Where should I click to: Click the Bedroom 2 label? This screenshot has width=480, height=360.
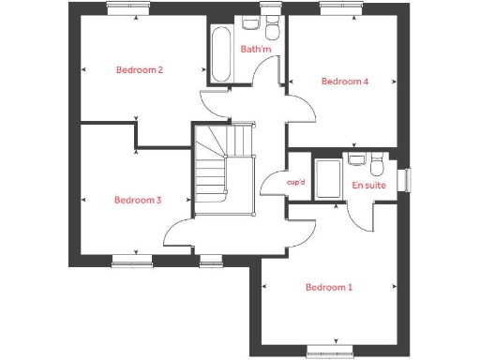(x=140, y=69)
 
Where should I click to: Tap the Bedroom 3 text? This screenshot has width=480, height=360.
(x=138, y=200)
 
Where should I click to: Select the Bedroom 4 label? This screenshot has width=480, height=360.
(x=344, y=82)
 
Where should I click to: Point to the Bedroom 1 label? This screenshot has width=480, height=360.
(x=329, y=287)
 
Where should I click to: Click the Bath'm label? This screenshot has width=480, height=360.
(x=255, y=49)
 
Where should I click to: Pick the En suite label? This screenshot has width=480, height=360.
(x=367, y=186)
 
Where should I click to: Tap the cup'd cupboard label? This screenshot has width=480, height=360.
(x=295, y=182)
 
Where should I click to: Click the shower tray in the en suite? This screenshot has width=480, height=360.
(x=328, y=180)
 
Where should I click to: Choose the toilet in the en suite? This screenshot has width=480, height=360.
(x=377, y=166)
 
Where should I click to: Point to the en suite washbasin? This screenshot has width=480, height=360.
(x=356, y=159)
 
